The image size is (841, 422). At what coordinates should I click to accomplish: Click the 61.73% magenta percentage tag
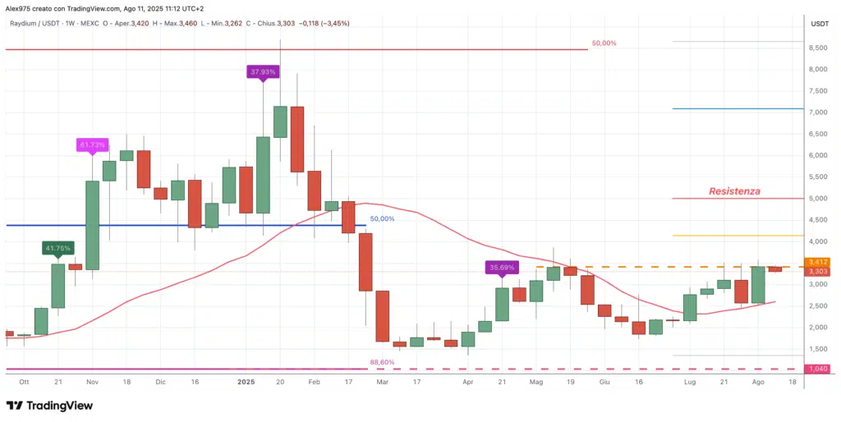92,145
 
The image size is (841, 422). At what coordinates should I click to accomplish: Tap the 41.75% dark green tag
58,247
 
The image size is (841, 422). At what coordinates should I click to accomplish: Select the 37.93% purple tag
263,72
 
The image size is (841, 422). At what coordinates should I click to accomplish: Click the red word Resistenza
734,191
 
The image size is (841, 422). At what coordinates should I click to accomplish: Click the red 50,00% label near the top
603,44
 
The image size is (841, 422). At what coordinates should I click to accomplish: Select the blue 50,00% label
382,219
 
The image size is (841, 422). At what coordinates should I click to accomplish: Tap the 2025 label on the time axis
246,383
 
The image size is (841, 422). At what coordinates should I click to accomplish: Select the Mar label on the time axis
382,383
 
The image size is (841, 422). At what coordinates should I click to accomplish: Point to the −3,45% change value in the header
332,23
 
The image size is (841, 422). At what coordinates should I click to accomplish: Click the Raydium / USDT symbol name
34,23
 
